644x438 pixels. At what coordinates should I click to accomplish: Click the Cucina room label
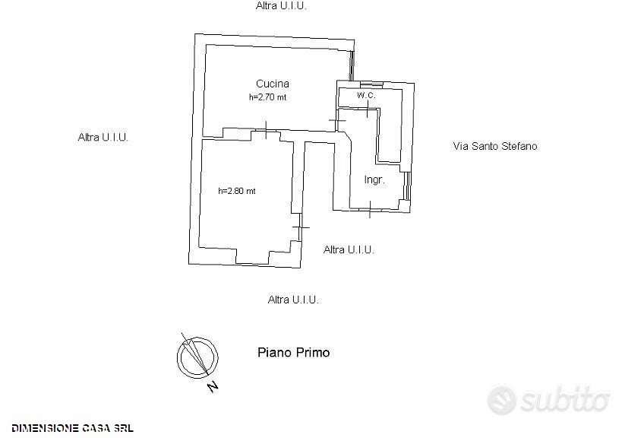pyautogui.click(x=273, y=84)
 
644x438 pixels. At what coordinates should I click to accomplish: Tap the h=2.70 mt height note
pyautogui.click(x=268, y=97)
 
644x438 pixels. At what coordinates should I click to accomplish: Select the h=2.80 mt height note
pyautogui.click(x=237, y=191)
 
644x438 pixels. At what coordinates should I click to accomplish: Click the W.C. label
pyautogui.click(x=366, y=95)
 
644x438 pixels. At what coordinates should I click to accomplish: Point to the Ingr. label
pyautogui.click(x=374, y=179)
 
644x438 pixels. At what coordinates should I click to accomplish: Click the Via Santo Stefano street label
pyautogui.click(x=495, y=146)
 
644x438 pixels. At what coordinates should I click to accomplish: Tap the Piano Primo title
pyautogui.click(x=294, y=353)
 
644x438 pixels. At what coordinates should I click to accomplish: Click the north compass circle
pyautogui.click(x=197, y=357)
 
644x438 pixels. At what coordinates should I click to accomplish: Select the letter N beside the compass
pyautogui.click(x=213, y=386)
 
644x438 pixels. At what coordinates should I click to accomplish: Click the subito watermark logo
pyautogui.click(x=548, y=399)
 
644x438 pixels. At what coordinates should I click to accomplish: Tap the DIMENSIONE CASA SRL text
pyautogui.click(x=73, y=428)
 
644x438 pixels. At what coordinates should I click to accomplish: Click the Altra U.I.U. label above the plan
pyautogui.click(x=281, y=6)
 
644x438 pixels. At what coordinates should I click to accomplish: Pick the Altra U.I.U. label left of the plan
pyautogui.click(x=103, y=137)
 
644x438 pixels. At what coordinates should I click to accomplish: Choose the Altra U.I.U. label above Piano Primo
pyautogui.click(x=293, y=300)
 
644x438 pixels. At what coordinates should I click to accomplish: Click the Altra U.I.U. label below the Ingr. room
pyautogui.click(x=349, y=249)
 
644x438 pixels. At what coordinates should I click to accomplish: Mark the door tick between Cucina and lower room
pyautogui.click(x=266, y=130)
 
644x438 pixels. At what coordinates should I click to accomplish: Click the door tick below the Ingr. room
pyautogui.click(x=370, y=209)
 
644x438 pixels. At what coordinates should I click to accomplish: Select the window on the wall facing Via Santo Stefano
pyautogui.click(x=407, y=186)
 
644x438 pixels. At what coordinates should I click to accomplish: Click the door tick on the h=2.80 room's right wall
pyautogui.click(x=301, y=227)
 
